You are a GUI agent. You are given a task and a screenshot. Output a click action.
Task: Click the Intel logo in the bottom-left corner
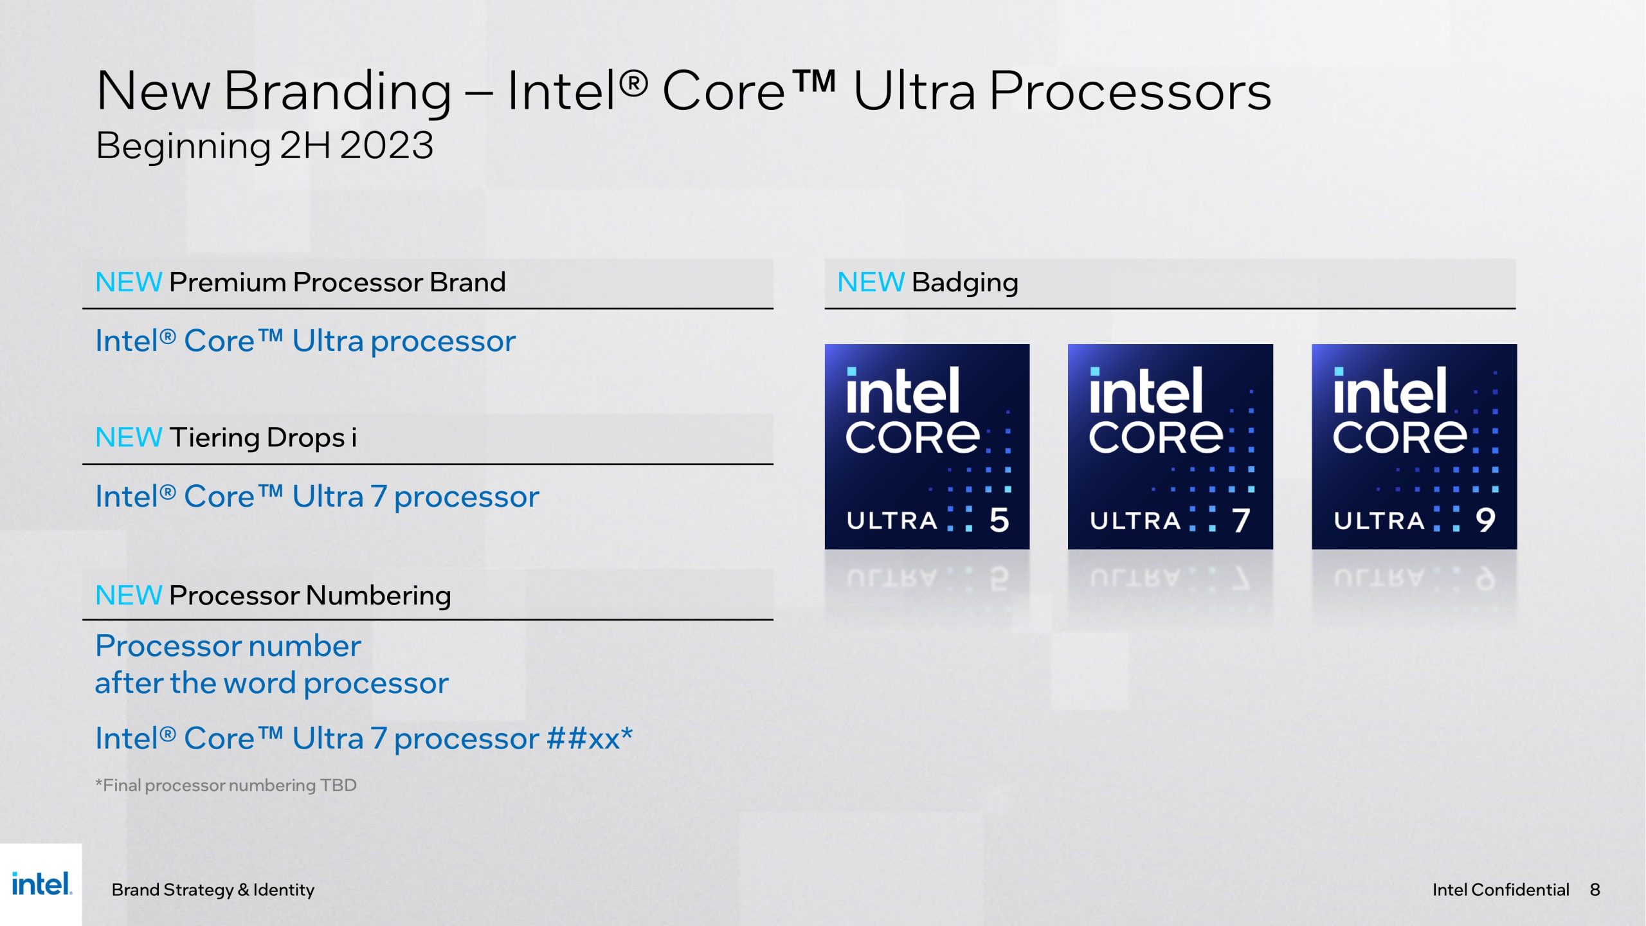click(x=41, y=884)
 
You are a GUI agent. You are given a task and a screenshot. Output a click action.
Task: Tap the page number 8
click(x=1595, y=889)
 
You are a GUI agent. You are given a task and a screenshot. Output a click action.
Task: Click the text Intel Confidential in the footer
click(x=1500, y=889)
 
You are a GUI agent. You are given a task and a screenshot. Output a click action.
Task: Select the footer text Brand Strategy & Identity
click(x=213, y=889)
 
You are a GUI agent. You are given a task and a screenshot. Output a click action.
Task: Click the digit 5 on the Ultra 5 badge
click(x=999, y=520)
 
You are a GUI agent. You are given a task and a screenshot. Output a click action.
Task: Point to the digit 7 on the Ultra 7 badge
click(x=1241, y=520)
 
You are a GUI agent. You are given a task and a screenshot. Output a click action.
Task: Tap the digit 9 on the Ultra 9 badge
click(x=1485, y=520)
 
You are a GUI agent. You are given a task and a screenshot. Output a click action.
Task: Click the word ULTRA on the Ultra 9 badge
click(x=1379, y=520)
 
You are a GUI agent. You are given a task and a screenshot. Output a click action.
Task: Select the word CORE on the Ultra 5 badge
click(x=912, y=437)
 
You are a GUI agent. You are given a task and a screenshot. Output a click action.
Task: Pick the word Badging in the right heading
click(x=964, y=282)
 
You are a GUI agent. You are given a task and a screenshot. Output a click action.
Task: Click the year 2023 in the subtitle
click(x=386, y=145)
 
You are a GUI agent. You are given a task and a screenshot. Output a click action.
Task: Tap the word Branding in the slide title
click(x=338, y=91)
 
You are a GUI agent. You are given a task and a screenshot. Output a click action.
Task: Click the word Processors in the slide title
click(x=1130, y=91)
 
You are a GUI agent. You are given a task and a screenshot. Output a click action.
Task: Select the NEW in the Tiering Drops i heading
click(x=129, y=437)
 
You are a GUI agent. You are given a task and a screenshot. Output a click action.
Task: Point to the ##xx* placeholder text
click(x=590, y=738)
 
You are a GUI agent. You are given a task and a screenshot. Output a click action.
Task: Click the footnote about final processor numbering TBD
click(x=226, y=785)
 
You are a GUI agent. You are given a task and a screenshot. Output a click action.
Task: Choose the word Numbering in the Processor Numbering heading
click(x=378, y=595)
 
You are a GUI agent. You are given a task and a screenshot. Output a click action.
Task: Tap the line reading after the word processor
click(x=271, y=683)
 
